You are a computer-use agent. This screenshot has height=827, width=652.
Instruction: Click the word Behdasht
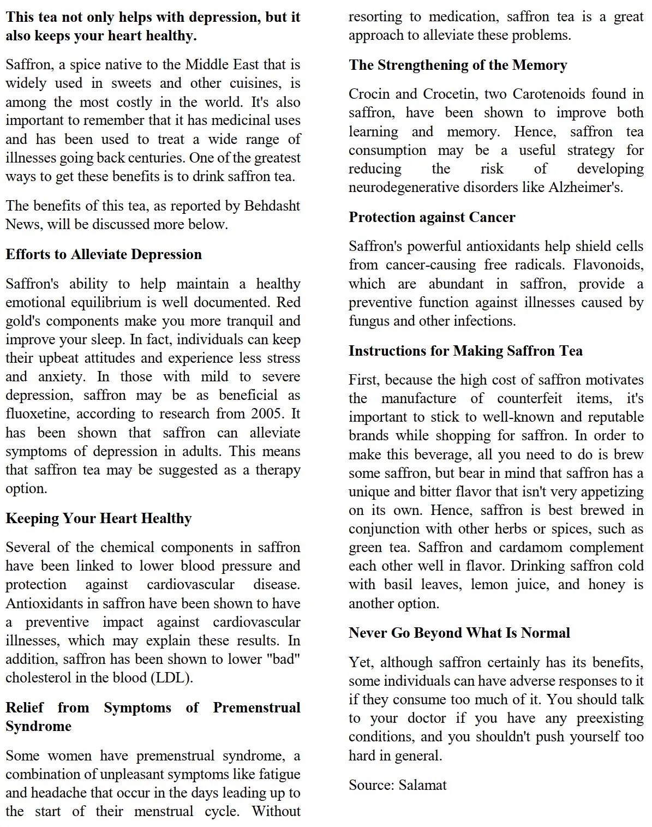coord(272,206)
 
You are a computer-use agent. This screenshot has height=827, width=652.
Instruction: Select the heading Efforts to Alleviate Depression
coord(104,254)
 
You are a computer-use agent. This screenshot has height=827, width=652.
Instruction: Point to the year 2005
coord(266,414)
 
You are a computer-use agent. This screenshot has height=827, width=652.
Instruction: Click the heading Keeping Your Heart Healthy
coord(99,518)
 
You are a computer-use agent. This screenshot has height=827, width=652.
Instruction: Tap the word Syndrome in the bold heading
coord(38,727)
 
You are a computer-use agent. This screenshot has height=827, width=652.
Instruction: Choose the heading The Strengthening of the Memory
coord(458,65)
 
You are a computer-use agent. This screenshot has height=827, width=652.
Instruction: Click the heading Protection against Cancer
coord(432,217)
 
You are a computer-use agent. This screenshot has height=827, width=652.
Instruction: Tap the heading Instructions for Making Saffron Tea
coord(465,351)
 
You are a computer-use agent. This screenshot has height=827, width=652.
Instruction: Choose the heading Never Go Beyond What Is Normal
coord(459,633)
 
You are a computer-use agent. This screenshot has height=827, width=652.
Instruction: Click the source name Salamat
coord(422,786)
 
